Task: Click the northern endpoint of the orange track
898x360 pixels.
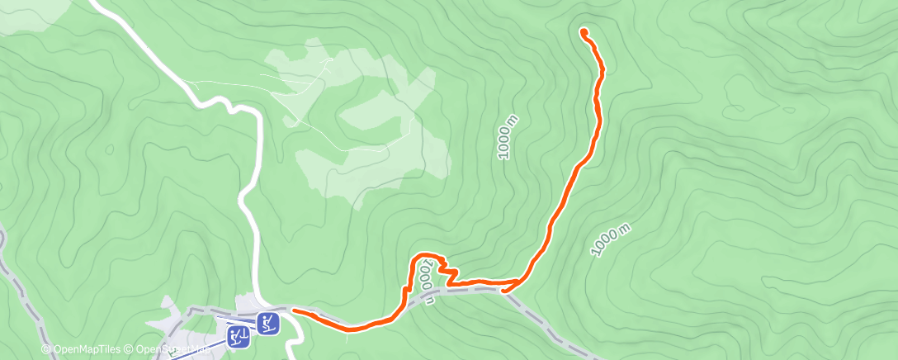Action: pos(584,32)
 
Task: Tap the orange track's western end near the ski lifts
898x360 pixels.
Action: pos(295,311)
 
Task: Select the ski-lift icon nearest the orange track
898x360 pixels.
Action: pos(267,322)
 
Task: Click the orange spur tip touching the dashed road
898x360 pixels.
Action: pos(504,290)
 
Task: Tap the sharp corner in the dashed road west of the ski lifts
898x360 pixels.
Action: pos(192,311)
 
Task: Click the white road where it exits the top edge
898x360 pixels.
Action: pos(92,2)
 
